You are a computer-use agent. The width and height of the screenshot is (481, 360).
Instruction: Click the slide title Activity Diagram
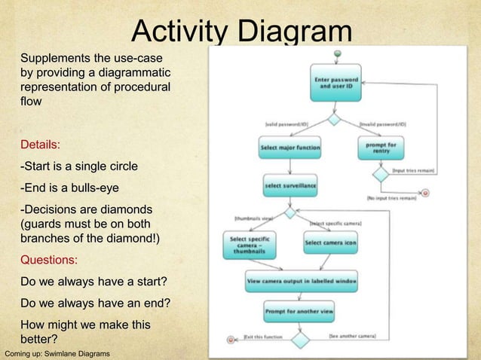(x=241, y=32)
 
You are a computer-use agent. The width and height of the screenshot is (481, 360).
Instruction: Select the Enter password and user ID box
(x=335, y=82)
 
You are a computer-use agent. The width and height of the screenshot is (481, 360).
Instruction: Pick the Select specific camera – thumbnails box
(x=248, y=245)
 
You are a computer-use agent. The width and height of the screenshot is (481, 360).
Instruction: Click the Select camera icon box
(x=330, y=243)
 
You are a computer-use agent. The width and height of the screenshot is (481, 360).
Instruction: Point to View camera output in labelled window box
(x=302, y=282)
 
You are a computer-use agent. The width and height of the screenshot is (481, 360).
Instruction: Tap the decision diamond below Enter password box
(x=334, y=120)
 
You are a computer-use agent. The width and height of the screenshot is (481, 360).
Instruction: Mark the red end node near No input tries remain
(x=425, y=193)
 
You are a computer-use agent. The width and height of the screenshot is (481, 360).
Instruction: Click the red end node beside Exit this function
(x=232, y=340)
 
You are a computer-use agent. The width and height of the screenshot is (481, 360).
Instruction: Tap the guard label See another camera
(x=352, y=335)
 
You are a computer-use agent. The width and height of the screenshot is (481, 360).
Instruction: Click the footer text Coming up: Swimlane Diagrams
(x=57, y=353)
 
